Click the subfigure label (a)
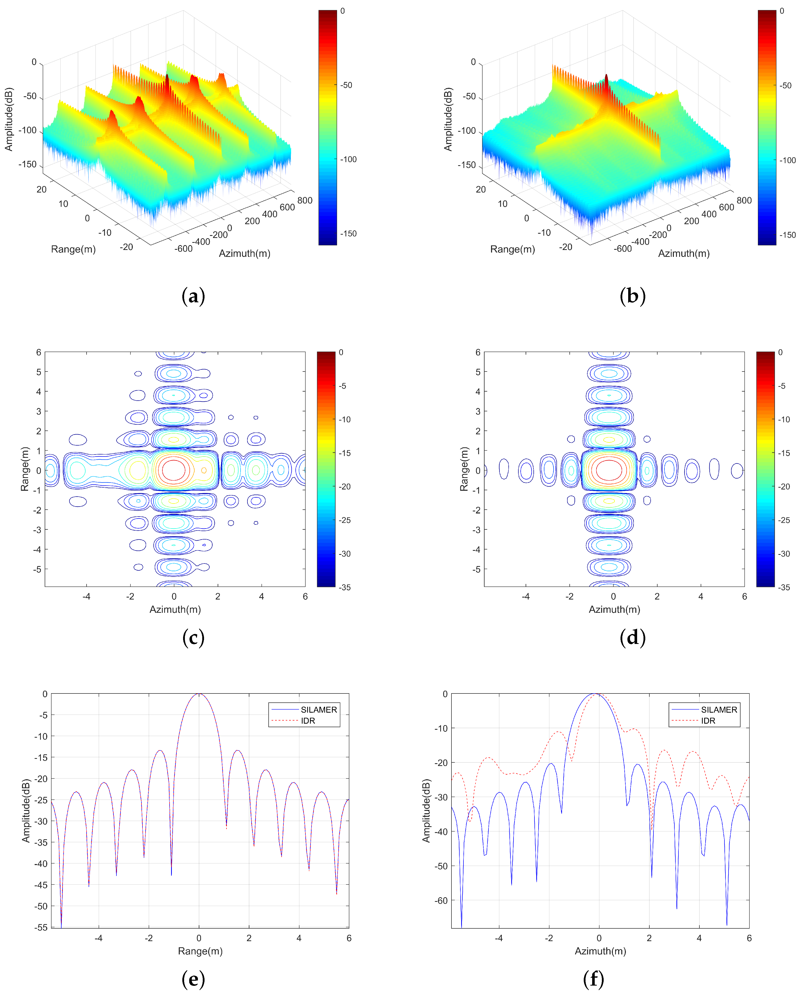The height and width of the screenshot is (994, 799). (193, 296)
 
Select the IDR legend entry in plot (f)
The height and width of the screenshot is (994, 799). (708, 721)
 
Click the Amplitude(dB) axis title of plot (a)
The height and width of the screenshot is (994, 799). (9, 119)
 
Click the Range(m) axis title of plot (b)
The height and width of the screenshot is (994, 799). (512, 249)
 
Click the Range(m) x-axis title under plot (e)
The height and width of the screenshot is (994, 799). (200, 951)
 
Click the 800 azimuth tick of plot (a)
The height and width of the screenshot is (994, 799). (305, 200)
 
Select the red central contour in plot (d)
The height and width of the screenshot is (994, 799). (609, 470)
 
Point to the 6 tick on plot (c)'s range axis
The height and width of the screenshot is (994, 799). (39, 353)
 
